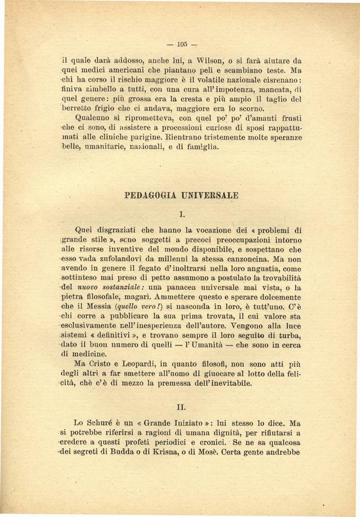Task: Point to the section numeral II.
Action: (x=181, y=404)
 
